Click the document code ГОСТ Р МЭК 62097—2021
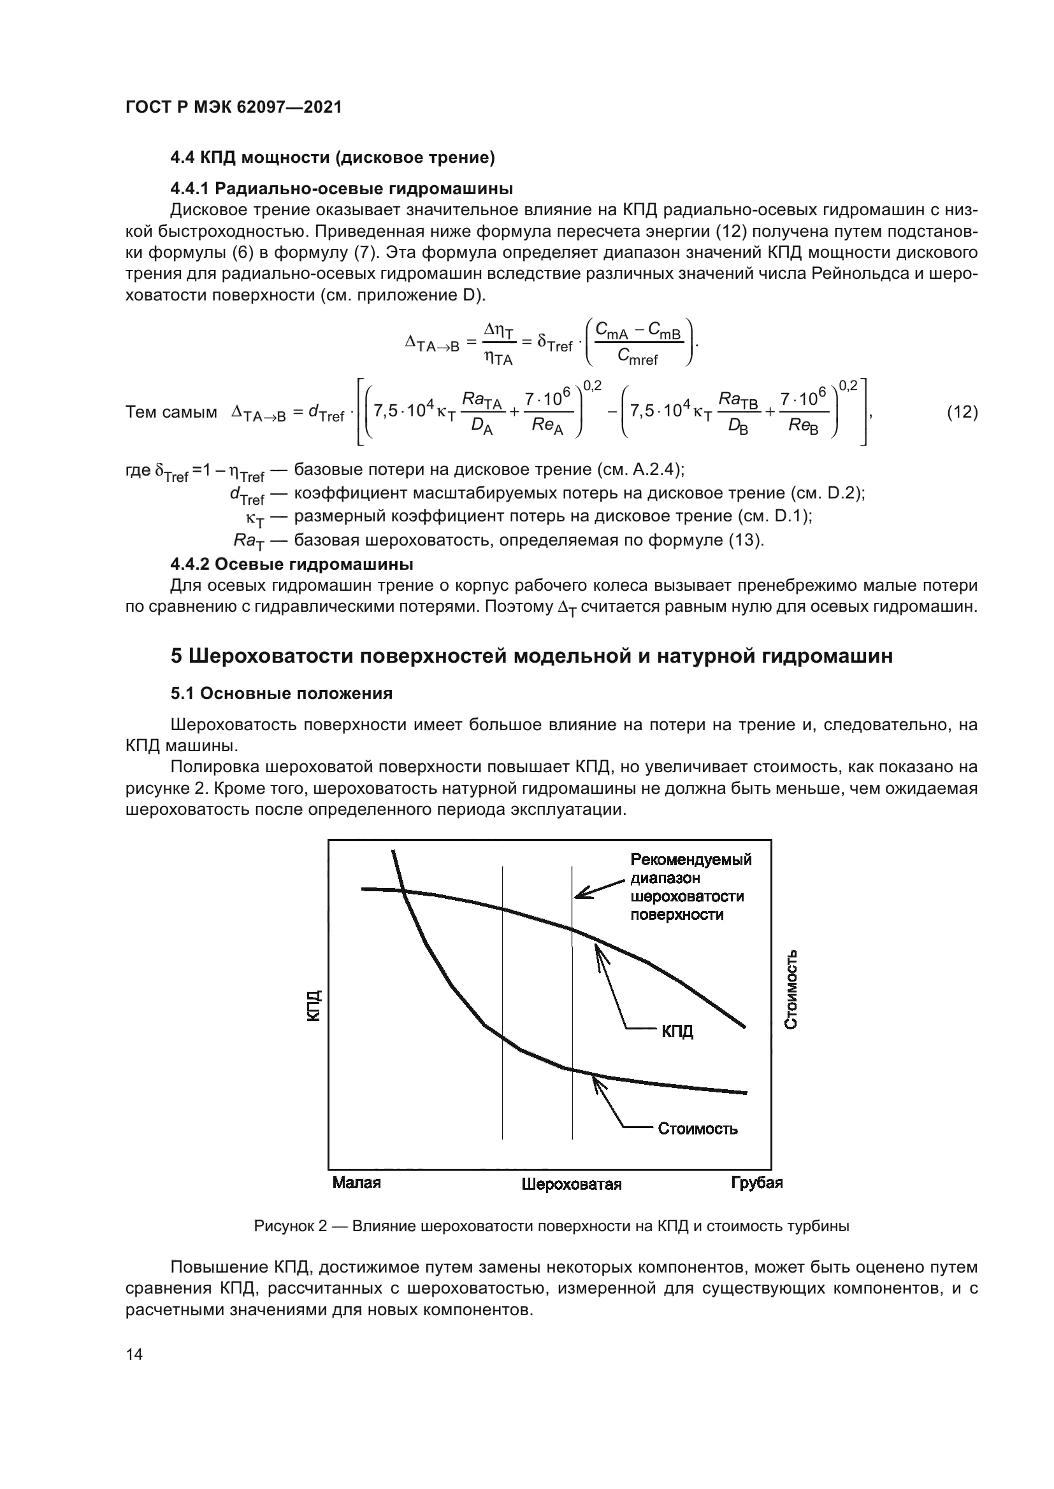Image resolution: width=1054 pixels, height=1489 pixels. click(233, 108)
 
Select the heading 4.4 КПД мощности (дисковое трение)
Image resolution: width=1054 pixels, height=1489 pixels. click(332, 158)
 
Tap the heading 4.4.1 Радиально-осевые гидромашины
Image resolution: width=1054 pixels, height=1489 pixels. click(342, 188)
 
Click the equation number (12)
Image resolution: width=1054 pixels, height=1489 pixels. click(962, 412)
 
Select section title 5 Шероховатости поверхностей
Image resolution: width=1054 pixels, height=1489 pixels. click(531, 656)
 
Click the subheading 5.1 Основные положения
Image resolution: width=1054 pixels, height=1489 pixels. click(281, 693)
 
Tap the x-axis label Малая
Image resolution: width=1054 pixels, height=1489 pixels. click(356, 1182)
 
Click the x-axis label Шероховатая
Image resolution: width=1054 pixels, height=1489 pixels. click(571, 1184)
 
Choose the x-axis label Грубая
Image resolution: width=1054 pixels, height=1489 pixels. click(757, 1182)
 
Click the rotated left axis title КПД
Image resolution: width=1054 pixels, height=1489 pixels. click(314, 1006)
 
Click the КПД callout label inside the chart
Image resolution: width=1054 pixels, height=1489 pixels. click(677, 1031)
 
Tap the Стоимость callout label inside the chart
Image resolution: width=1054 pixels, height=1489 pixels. click(698, 1129)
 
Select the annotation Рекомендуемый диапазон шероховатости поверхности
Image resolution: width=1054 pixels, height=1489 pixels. click(690, 887)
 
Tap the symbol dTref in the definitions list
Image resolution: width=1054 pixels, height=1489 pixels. click(247, 496)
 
